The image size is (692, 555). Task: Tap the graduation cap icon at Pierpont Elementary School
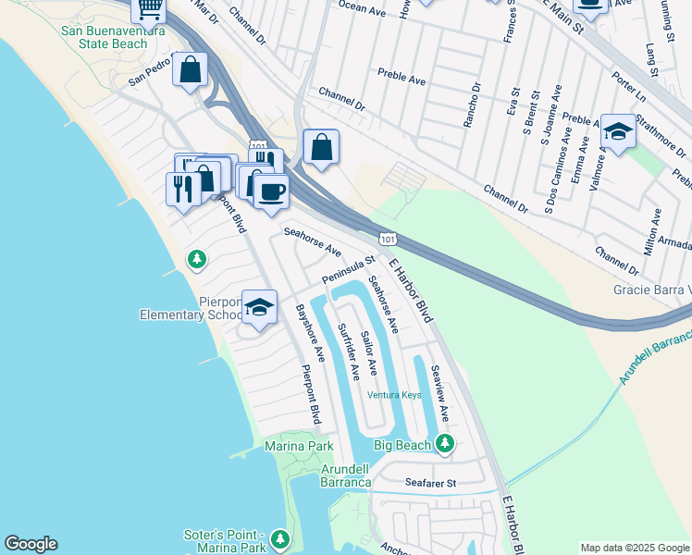(x=260, y=308)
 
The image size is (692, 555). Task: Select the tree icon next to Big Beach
(x=445, y=445)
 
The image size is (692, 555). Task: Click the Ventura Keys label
(x=394, y=395)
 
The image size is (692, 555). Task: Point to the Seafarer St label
(x=432, y=483)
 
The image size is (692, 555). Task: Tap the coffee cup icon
(x=271, y=191)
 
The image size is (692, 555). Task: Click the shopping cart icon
(x=148, y=9)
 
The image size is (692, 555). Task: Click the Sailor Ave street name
(x=368, y=352)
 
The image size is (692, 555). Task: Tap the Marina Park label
(x=299, y=446)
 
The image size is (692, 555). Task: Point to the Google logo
(x=31, y=544)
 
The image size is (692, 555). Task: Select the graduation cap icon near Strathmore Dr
(x=618, y=132)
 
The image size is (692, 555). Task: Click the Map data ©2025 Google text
(x=635, y=548)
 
